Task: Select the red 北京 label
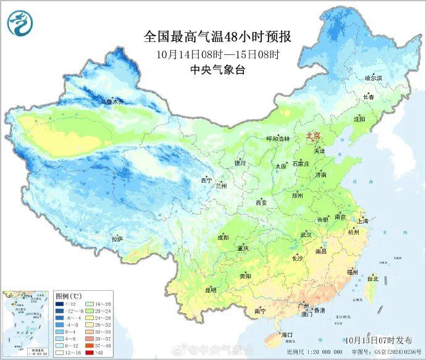pyautogui.click(x=314, y=136)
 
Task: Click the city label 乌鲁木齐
pyautogui.click(x=113, y=101)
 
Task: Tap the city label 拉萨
pyautogui.click(x=117, y=239)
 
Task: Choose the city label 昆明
pyautogui.click(x=211, y=290)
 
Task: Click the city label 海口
pyautogui.click(x=286, y=334)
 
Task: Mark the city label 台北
pyautogui.click(x=372, y=278)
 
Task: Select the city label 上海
pyautogui.click(x=362, y=220)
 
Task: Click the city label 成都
pyautogui.click(x=223, y=238)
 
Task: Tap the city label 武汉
pyautogui.click(x=306, y=235)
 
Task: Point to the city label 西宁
pyautogui.click(x=206, y=180)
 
